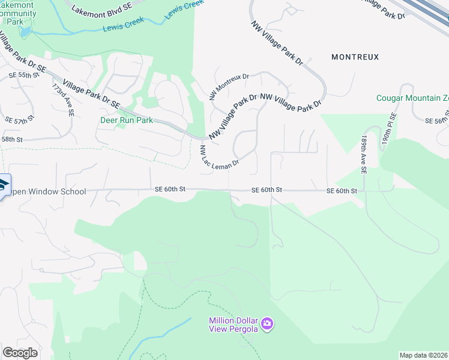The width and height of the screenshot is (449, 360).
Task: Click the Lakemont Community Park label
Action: (x=19, y=13)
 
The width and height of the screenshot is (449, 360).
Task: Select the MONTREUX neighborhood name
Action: (x=355, y=57)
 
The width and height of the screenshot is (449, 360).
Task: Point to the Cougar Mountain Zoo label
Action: (x=412, y=98)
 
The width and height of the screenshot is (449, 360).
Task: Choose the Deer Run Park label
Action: (x=127, y=120)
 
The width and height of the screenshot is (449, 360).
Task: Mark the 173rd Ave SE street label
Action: (x=62, y=99)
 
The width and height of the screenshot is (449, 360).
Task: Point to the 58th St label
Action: (x=11, y=139)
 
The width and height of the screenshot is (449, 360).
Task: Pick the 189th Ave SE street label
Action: (x=363, y=154)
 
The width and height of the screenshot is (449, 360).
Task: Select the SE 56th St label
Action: (x=437, y=121)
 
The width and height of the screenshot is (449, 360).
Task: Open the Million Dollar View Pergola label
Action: (x=234, y=325)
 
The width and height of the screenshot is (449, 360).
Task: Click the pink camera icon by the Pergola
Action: (x=267, y=325)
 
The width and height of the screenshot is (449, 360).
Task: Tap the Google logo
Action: (x=20, y=353)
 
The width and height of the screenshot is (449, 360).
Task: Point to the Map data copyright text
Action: (x=424, y=355)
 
